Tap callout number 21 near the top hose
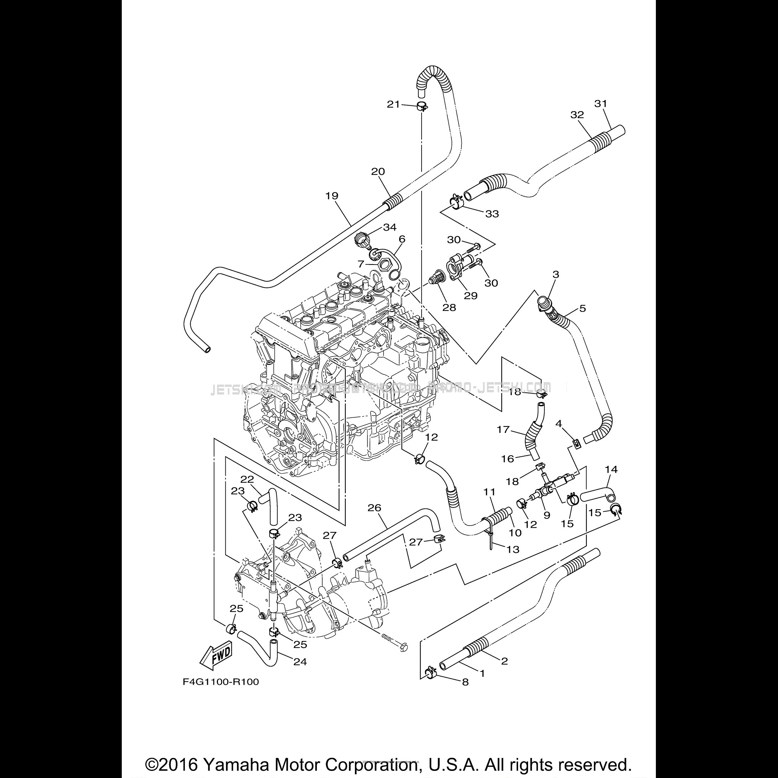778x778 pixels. [x=393, y=104]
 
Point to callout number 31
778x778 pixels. [x=600, y=104]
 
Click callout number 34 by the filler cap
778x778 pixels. [x=390, y=227]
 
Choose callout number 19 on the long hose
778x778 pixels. [x=332, y=196]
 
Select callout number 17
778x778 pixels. [x=503, y=430]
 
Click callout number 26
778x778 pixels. [x=374, y=508]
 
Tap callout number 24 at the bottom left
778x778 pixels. [x=301, y=662]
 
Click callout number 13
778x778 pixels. [x=513, y=549]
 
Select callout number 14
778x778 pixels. [x=611, y=469]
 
